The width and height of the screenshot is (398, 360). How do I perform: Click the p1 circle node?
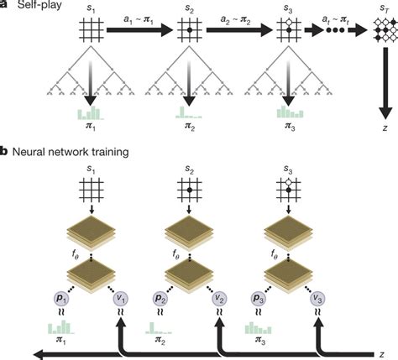point(61,299)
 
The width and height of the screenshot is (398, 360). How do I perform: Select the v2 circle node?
point(219,299)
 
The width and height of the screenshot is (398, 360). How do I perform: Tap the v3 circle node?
point(318,299)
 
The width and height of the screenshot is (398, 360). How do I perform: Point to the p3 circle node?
point(259,299)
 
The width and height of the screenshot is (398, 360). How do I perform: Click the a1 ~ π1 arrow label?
point(139,20)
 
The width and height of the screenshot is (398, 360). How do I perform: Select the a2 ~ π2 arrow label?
point(235,20)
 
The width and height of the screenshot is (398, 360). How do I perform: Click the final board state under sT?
point(385,29)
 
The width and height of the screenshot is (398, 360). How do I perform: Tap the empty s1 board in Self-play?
point(92,29)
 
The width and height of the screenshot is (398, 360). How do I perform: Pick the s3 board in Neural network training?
point(289,190)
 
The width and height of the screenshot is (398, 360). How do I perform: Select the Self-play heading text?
point(39,5)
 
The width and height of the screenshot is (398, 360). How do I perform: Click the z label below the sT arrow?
point(385,128)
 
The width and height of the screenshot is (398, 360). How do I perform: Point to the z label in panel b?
point(382,354)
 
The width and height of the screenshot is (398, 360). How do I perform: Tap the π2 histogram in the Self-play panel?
point(189,112)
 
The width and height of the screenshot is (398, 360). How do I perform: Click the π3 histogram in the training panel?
point(259,328)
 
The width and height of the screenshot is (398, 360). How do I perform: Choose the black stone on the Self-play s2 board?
point(190,29)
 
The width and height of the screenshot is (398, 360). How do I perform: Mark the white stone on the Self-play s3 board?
point(289,22)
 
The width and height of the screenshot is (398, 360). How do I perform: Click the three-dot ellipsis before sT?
point(335,30)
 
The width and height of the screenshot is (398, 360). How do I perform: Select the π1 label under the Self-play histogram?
point(91,128)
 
